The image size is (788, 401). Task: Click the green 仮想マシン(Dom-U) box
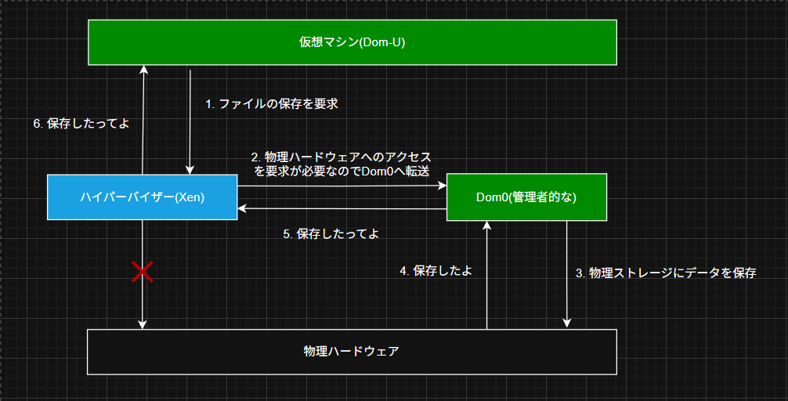point(352,43)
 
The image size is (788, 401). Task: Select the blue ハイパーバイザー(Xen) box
point(143,197)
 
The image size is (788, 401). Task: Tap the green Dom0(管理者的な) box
point(526,197)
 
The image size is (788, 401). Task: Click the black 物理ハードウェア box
point(352,352)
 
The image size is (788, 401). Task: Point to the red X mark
point(143,271)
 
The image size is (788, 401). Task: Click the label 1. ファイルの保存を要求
point(271,104)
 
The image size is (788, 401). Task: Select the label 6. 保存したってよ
point(81,124)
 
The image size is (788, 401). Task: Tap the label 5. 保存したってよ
point(331,233)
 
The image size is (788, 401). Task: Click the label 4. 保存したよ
point(436,271)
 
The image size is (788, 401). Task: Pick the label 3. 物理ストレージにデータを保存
point(666,273)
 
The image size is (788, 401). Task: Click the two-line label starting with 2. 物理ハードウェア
point(342,164)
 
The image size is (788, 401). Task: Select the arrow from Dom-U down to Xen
point(190,122)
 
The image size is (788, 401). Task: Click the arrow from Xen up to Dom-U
point(143,120)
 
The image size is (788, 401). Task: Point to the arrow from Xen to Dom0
point(342,186)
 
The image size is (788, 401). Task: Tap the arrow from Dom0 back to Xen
point(342,208)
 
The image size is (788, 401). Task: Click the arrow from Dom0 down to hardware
point(567,274)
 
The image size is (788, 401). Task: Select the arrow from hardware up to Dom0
point(486,276)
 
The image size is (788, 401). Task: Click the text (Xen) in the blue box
point(190,197)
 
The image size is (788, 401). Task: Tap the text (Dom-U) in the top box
point(382,42)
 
